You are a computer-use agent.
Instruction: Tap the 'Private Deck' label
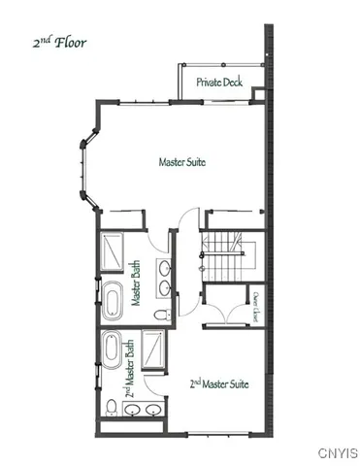[218, 83]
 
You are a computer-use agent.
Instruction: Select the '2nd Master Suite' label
[218, 383]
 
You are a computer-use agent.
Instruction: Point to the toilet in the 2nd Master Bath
[111, 405]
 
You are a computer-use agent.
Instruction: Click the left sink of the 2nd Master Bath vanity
[136, 411]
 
